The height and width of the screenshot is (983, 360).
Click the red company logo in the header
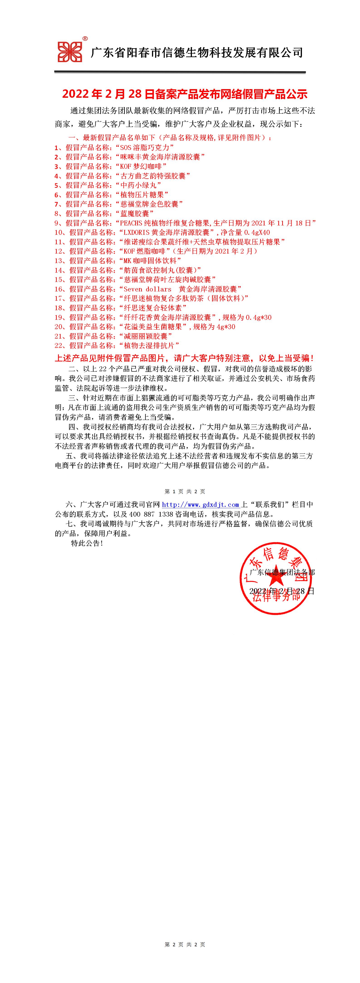click(x=70, y=52)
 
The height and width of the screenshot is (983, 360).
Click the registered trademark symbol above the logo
click(x=85, y=39)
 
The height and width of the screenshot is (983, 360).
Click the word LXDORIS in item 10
click(x=136, y=232)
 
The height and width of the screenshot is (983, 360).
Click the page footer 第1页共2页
click(x=184, y=492)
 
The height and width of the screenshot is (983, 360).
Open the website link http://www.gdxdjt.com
click(x=201, y=505)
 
